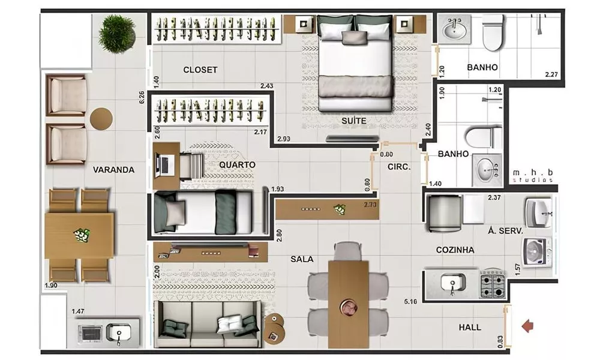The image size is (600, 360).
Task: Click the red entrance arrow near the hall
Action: (x=527, y=326)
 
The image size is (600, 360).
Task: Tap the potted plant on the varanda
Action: (x=118, y=33)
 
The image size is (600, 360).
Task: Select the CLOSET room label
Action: (x=200, y=70)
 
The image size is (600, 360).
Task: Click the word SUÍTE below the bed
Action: (x=353, y=121)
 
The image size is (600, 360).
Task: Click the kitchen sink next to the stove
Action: (x=451, y=283)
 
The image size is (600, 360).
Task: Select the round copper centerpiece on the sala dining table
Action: (x=349, y=307)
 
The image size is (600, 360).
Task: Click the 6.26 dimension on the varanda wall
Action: (x=142, y=97)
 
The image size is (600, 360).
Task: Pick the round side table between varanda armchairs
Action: (x=101, y=118)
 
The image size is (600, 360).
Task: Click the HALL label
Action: (x=470, y=328)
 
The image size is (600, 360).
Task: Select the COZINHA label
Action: (x=455, y=250)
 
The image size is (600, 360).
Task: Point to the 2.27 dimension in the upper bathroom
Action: (x=551, y=75)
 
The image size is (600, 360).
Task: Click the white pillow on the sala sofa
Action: (x=227, y=324)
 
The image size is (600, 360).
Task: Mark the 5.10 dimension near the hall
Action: (x=412, y=301)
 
